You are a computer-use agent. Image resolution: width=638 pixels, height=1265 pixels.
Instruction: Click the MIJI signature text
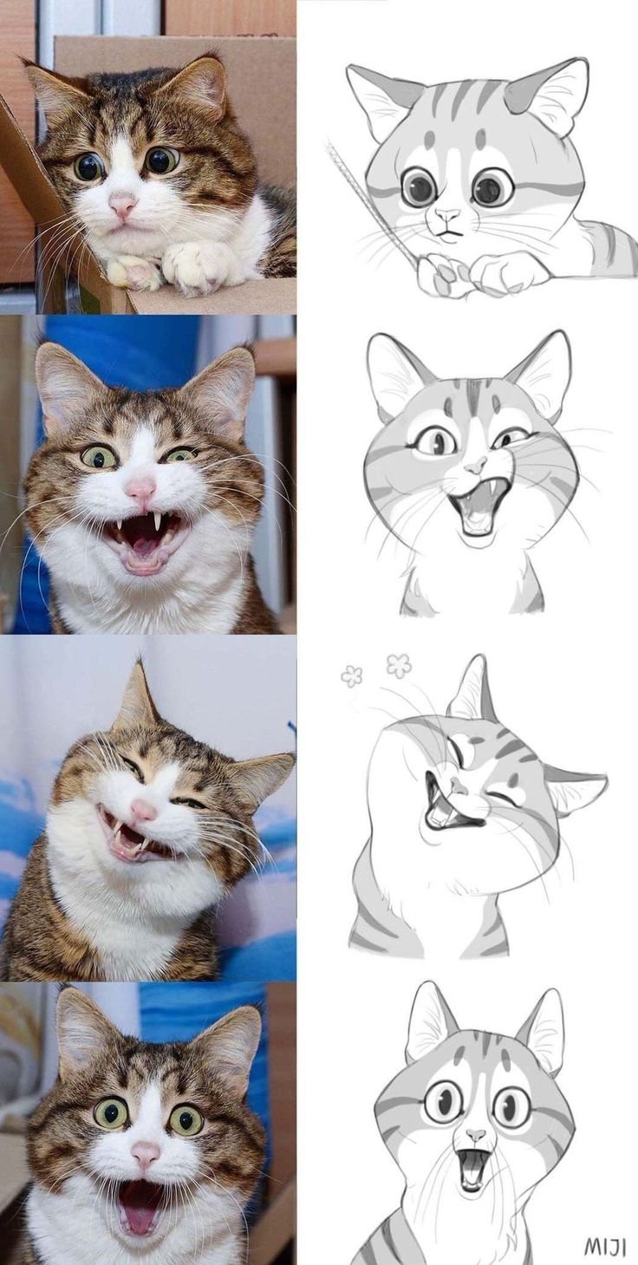(x=604, y=1245)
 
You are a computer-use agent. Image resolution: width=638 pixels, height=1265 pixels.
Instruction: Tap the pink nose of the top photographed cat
(x=122, y=205)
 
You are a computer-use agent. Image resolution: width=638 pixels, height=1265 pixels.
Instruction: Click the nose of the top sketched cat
(x=446, y=214)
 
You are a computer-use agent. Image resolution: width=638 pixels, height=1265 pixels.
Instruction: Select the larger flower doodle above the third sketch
(x=399, y=665)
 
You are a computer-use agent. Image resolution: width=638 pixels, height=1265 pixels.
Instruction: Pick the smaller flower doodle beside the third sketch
(x=351, y=675)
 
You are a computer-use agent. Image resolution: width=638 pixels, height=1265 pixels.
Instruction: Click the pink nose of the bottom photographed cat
(x=146, y=1152)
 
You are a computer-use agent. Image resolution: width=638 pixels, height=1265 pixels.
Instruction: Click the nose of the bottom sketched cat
(x=475, y=1134)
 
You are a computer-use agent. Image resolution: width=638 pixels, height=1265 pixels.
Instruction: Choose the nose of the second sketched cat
(x=474, y=467)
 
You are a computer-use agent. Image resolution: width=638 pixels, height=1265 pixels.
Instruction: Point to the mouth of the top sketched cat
(x=446, y=231)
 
